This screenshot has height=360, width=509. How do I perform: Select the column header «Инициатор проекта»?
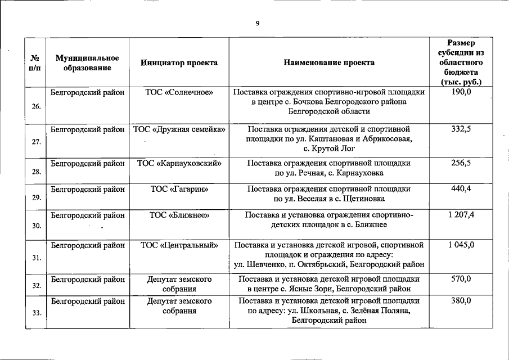(x=179, y=63)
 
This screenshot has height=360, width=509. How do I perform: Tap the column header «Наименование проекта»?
(x=329, y=63)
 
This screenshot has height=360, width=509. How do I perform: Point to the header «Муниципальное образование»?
(x=87, y=63)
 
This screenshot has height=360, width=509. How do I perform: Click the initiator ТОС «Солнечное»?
(x=179, y=92)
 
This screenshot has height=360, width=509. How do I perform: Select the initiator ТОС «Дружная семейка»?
(x=179, y=129)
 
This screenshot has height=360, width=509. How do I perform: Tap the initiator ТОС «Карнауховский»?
(x=179, y=163)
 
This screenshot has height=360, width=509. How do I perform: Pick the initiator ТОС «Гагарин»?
(x=179, y=189)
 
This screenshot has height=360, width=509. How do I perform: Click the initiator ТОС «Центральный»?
(x=179, y=245)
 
